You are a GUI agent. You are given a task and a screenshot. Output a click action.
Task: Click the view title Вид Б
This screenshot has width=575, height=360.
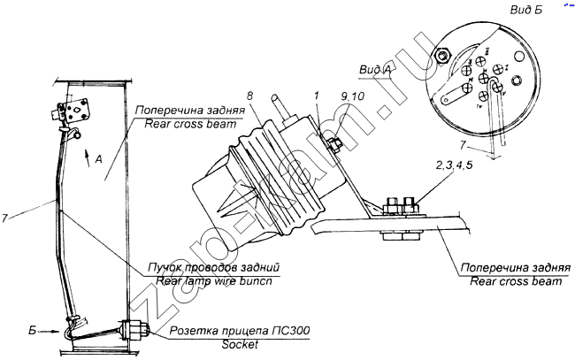[530, 11]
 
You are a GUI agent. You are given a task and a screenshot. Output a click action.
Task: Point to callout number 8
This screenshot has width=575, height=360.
[250, 94]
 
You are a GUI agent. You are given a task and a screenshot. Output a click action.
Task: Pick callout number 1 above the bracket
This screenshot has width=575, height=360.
[317, 96]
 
